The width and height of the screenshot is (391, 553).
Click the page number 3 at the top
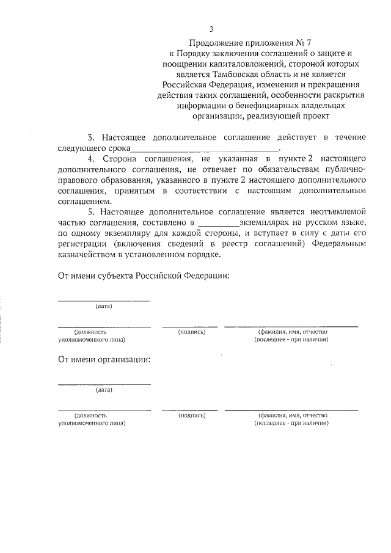(x=211, y=29)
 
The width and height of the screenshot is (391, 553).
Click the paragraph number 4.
(x=92, y=158)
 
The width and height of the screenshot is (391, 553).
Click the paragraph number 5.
(x=92, y=211)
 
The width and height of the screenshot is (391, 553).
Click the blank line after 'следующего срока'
(x=205, y=148)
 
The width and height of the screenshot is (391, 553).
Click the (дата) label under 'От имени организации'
(x=104, y=389)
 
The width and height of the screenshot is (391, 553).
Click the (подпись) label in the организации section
(x=192, y=415)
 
